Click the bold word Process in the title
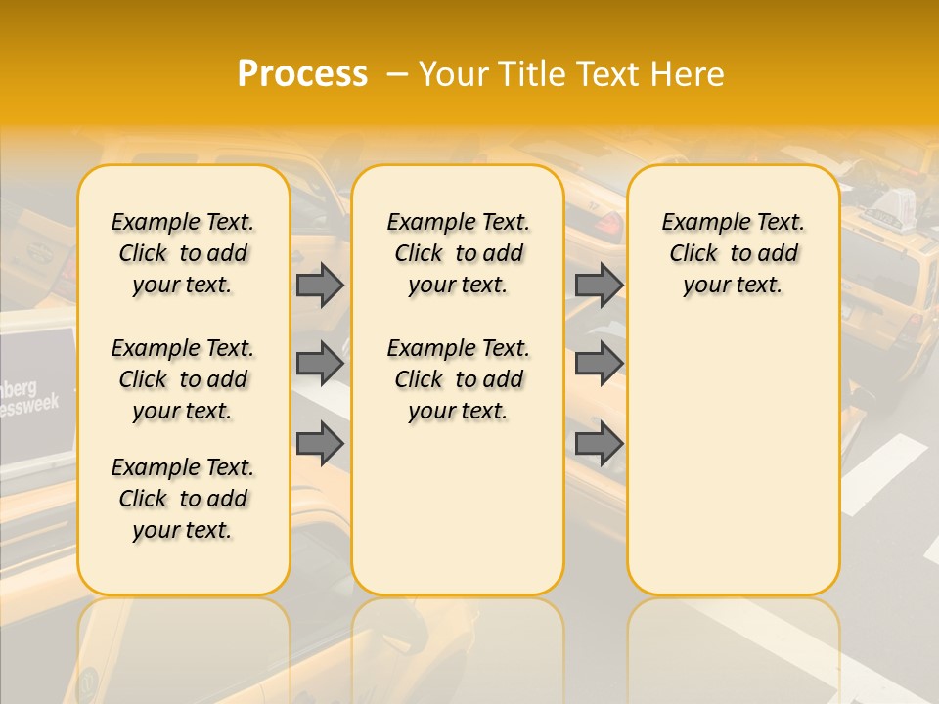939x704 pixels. click(302, 74)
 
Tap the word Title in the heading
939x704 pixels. click(532, 74)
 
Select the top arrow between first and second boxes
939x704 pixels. click(320, 285)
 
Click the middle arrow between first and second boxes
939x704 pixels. click(320, 364)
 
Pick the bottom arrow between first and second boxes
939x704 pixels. click(320, 444)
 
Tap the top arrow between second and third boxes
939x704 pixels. click(599, 285)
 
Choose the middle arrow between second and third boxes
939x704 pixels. click(599, 364)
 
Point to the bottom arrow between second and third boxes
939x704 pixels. click(599, 444)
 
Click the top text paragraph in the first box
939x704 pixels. click(183, 253)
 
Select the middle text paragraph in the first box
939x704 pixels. click(183, 379)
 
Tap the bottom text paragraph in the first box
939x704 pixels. click(183, 499)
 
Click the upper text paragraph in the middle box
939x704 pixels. click(458, 253)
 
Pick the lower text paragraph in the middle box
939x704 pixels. click(458, 379)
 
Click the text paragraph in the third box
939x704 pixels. click(733, 253)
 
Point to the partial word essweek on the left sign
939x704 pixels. click(29, 404)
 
